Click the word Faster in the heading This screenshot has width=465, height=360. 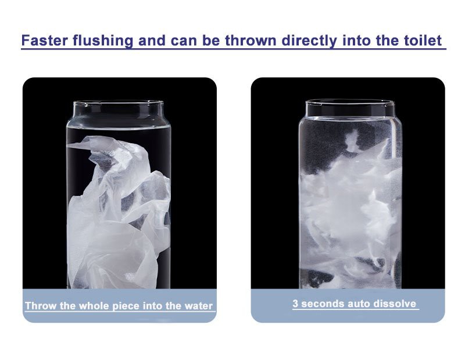coord(45,40)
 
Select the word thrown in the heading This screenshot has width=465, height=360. coord(251,40)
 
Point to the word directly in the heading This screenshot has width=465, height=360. coord(309,41)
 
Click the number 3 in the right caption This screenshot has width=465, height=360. coord(295,304)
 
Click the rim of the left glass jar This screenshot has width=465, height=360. coord(119,103)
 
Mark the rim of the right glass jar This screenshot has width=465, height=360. coord(350,102)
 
